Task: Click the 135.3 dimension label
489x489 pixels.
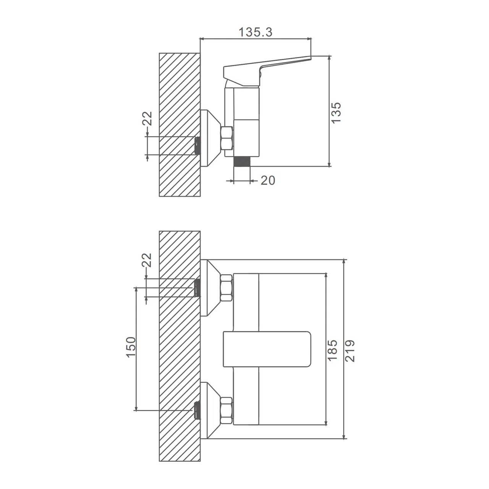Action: click(x=255, y=32)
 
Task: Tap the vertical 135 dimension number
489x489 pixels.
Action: click(x=336, y=113)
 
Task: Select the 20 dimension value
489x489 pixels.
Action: click(x=268, y=180)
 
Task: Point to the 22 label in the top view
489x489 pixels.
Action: click(x=147, y=118)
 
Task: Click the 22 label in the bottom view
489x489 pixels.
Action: click(x=147, y=260)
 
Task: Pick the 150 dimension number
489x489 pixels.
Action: click(x=131, y=347)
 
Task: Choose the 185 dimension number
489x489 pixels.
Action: click(x=332, y=350)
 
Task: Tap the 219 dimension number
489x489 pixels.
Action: click(x=350, y=351)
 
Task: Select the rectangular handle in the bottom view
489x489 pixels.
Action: click(x=267, y=349)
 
